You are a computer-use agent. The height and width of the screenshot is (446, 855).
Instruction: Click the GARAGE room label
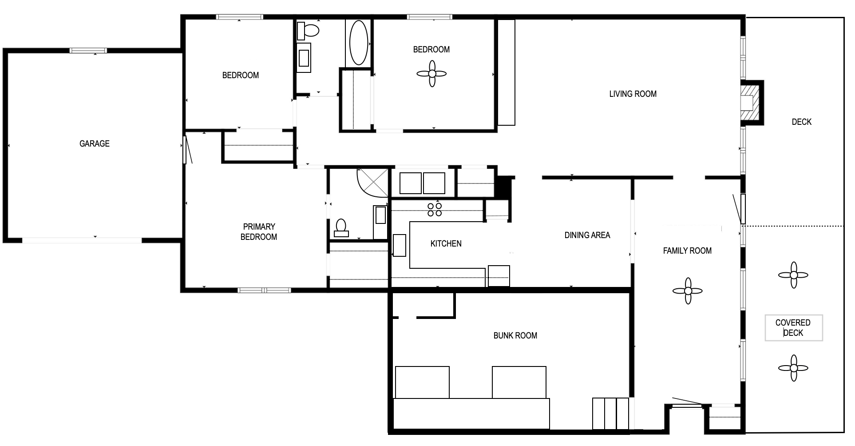[x=94, y=143]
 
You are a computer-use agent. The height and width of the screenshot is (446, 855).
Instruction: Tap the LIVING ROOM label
[x=633, y=94]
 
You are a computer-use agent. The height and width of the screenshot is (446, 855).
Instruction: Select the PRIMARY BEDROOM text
[x=259, y=231]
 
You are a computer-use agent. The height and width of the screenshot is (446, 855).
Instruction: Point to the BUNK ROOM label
[x=515, y=335]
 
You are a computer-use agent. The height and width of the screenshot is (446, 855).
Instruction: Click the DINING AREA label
[x=587, y=235]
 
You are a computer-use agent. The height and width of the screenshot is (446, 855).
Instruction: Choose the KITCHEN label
[x=446, y=243]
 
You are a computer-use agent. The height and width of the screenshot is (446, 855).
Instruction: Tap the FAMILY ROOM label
[x=687, y=251]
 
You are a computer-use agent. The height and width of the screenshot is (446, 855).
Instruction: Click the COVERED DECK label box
[x=793, y=328]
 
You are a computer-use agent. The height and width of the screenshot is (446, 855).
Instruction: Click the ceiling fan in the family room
[x=688, y=291]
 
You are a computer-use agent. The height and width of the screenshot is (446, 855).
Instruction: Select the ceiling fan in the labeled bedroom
[x=431, y=74]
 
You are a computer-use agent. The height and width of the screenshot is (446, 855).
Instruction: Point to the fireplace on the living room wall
[x=752, y=103]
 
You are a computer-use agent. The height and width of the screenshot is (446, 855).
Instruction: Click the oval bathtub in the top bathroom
[x=359, y=43]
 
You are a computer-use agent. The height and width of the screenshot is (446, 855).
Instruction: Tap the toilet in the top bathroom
[x=308, y=30]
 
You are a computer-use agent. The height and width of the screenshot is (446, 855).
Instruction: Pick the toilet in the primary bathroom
[x=341, y=227]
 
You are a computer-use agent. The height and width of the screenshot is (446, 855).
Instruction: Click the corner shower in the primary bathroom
[x=373, y=182]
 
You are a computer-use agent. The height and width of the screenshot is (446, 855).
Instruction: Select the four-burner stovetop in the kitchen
[x=435, y=209]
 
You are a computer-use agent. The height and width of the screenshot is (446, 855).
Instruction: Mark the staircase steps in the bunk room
[x=611, y=414]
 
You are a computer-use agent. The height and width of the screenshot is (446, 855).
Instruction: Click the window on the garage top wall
[x=88, y=51]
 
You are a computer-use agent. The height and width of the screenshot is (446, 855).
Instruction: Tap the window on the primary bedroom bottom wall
[x=264, y=290]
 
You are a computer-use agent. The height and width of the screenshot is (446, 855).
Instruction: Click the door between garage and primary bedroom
[x=185, y=150]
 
